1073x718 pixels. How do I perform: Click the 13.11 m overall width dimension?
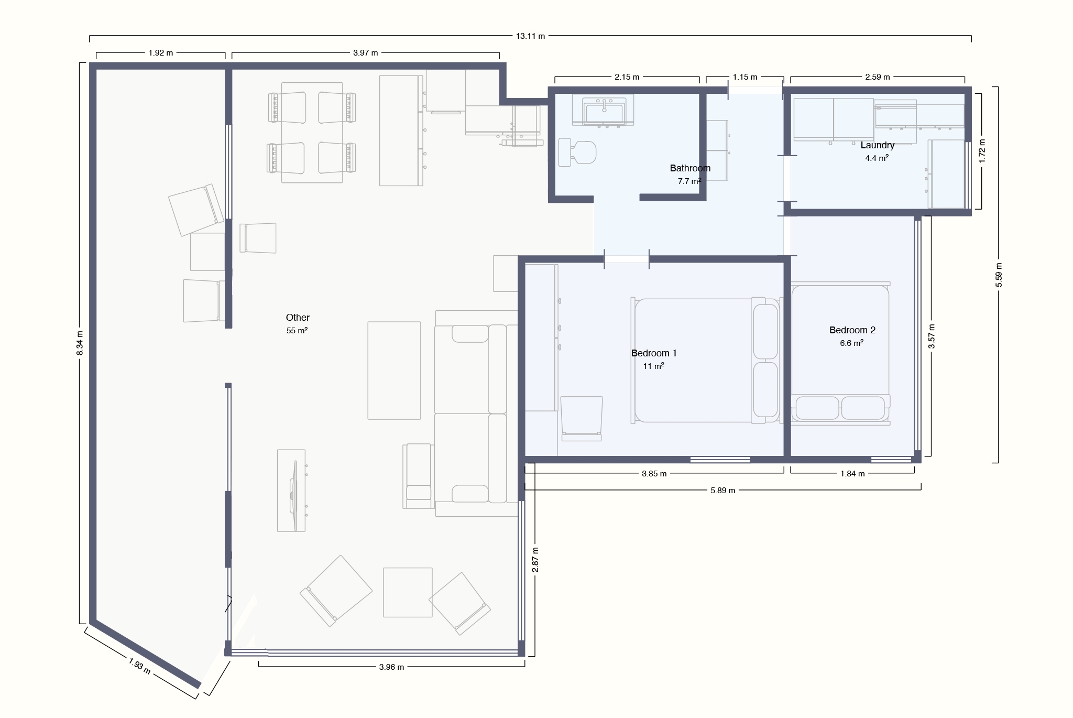(530, 36)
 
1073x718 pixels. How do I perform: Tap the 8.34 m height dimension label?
(80, 343)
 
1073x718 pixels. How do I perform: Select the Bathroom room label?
(690, 168)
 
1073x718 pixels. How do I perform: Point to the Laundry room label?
(878, 145)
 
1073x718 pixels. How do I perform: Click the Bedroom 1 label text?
(654, 353)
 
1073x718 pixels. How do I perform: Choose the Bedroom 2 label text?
(852, 330)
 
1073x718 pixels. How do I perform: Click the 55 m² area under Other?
(297, 331)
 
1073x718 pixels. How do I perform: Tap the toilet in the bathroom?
(577, 152)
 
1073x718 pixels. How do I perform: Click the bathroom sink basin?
(604, 112)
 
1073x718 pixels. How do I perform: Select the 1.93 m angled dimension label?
(140, 667)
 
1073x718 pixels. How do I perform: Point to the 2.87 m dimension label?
(535, 560)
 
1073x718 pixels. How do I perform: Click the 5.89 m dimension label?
(722, 491)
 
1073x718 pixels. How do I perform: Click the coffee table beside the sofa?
(394, 371)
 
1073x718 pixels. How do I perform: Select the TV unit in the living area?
(291, 491)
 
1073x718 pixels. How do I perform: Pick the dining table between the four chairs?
(312, 133)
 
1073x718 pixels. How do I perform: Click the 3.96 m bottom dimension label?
(391, 667)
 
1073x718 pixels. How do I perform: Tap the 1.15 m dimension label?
(744, 77)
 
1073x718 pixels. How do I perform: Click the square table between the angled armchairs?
(408, 592)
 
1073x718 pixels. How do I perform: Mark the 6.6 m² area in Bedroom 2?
(852, 343)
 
